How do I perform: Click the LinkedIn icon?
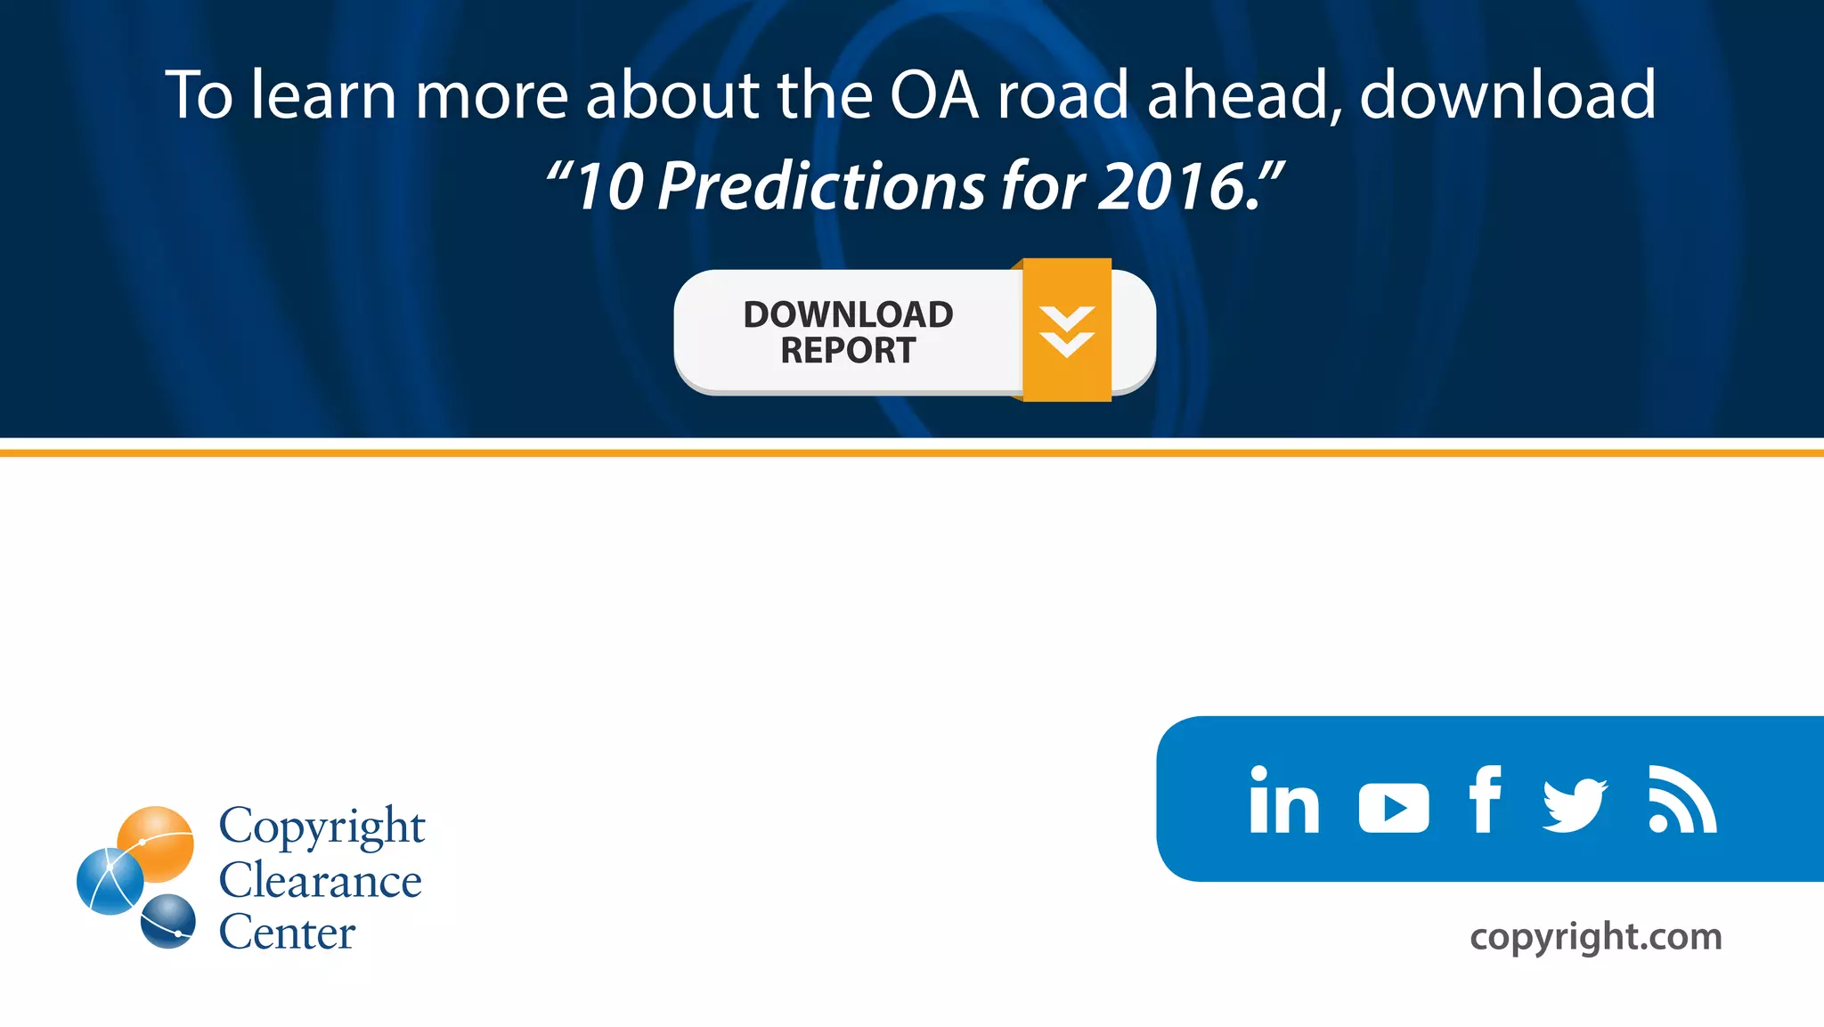[1283, 800]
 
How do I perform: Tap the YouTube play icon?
[1394, 808]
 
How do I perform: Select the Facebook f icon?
[1485, 799]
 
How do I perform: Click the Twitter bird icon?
[1575, 804]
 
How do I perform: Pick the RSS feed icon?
[1681, 800]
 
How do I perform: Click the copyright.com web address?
[1595, 936]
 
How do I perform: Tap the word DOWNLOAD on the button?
[848, 314]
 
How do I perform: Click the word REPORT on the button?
[848, 351]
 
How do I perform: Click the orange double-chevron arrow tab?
[1067, 330]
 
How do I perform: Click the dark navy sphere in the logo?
[168, 921]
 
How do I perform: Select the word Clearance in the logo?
[321, 881]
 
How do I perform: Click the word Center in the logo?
[287, 933]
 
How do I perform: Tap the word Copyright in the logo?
[322, 827]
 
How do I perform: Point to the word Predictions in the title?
[821, 186]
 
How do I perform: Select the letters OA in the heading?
[933, 94]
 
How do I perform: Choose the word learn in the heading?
[322, 94]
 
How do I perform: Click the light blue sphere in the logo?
[110, 881]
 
